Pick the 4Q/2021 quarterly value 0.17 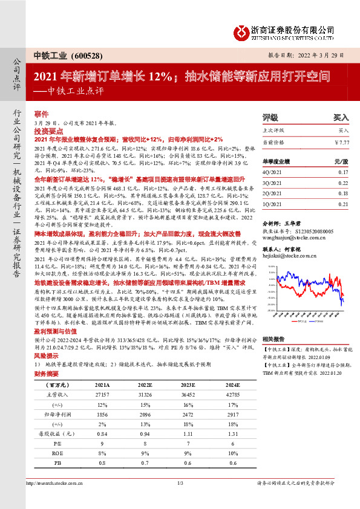pos(343,172)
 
